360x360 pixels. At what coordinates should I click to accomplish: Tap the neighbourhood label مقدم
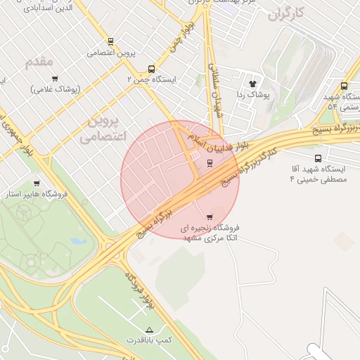pyautogui.click(x=39, y=63)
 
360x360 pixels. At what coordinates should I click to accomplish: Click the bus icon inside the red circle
pyautogui.click(x=210, y=164)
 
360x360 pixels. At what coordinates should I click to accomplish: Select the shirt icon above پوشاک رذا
pyautogui.click(x=252, y=83)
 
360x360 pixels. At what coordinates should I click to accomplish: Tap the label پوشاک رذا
pyautogui.click(x=252, y=94)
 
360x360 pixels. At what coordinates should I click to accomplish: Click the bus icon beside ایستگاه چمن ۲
pyautogui.click(x=152, y=70)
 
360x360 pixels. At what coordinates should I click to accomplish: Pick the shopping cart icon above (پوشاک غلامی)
pyautogui.click(x=55, y=79)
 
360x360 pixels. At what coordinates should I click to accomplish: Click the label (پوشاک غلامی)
pyautogui.click(x=56, y=89)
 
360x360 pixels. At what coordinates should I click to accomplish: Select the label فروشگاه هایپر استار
pyautogui.click(x=37, y=193)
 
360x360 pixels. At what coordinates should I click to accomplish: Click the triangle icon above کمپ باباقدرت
pyautogui.click(x=148, y=330)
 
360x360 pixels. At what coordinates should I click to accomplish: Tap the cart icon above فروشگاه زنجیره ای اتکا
pyautogui.click(x=210, y=217)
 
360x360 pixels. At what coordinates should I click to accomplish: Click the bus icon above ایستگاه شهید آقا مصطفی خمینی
pyautogui.click(x=319, y=158)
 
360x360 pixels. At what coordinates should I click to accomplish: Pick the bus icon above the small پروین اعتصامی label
pyautogui.click(x=110, y=41)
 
